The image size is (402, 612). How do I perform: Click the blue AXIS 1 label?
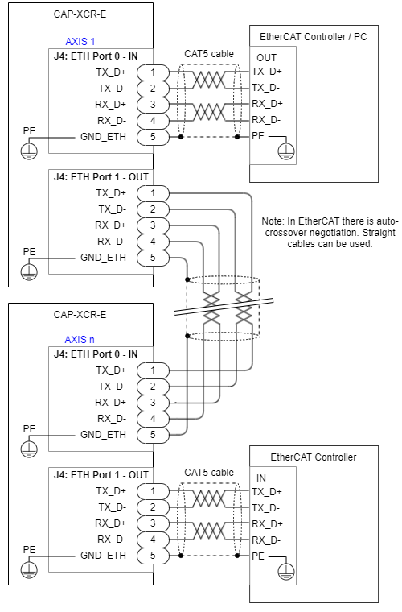(80, 41)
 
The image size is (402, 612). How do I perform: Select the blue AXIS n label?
(80, 339)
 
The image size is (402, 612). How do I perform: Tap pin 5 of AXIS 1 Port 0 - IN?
(153, 137)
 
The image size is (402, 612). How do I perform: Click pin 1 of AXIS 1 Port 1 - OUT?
(153, 192)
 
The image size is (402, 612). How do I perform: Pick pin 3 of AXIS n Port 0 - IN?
(153, 402)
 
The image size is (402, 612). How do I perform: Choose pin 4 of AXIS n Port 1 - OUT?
(153, 539)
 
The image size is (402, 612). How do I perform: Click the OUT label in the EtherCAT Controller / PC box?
(266, 58)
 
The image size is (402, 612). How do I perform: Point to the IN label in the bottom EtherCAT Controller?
(261, 478)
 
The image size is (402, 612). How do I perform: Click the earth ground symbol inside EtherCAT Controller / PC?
(286, 151)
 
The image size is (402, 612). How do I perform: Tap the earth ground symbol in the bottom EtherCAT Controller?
(286, 571)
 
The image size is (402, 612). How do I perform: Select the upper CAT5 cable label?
(209, 54)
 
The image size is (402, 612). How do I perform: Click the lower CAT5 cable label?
(209, 472)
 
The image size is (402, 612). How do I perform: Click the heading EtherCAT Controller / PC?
(314, 37)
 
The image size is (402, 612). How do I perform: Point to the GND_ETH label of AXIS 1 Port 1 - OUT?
(103, 258)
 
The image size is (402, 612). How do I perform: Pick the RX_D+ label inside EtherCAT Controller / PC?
(267, 104)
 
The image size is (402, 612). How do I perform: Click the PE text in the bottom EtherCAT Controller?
(258, 556)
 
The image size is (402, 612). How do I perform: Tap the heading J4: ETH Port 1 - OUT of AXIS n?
(101, 474)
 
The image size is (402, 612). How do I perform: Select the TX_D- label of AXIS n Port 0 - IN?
(113, 387)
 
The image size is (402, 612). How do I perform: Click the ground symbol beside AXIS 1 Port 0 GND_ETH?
(29, 151)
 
